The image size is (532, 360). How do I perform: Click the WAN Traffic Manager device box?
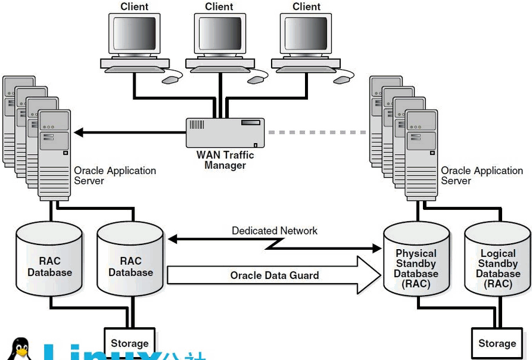pos(225,133)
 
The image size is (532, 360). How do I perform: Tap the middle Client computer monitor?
pos(219,35)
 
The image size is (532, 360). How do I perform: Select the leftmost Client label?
pos(134,7)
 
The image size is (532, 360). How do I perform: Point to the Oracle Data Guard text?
pos(274,276)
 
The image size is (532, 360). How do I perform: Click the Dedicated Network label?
pos(275,230)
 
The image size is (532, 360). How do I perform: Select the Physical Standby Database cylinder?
pos(416,261)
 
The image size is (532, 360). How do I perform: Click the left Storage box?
pos(130,343)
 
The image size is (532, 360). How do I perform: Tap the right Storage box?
pos(497,343)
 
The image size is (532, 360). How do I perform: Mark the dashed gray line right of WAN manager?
pos(317,133)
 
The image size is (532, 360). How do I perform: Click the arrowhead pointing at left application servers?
pos(79,133)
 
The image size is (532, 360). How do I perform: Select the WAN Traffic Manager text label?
pos(225,160)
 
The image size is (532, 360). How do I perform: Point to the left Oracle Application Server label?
pos(114,176)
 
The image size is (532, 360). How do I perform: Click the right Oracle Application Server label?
pos(482,176)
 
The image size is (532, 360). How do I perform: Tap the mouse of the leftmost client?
pos(171,78)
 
